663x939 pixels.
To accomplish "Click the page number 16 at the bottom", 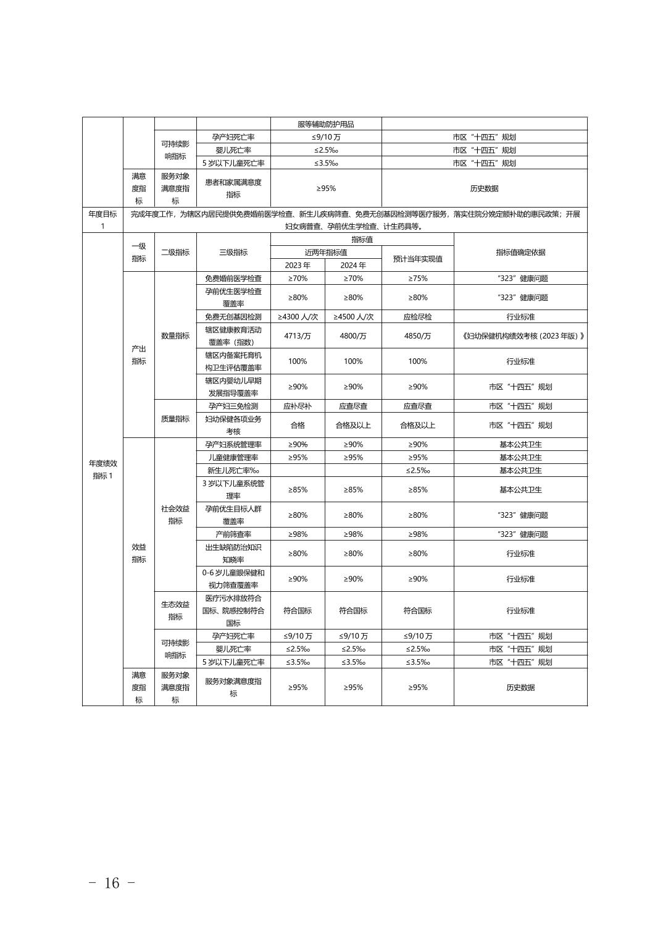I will tap(112, 883).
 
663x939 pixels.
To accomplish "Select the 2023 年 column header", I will tap(298, 265).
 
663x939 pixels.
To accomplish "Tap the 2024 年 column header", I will tap(353, 265).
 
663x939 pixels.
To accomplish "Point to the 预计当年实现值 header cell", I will tap(417, 259).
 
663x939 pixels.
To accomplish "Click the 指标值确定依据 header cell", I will tap(520, 252).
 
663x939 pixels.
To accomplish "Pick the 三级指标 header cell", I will tap(233, 252).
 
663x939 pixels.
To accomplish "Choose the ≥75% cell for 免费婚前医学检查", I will tap(417, 279).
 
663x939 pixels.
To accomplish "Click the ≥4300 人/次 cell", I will tap(298, 317).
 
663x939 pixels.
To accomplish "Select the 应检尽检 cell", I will tap(417, 317).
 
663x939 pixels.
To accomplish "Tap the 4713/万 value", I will tap(298, 336).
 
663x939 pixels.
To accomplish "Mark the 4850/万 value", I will tap(417, 336).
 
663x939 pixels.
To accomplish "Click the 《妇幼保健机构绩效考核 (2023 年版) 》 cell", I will tap(520, 336).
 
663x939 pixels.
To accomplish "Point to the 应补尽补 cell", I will tap(298, 406).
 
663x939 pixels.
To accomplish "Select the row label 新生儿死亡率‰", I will tap(233, 471).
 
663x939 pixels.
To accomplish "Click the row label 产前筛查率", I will tap(233, 534).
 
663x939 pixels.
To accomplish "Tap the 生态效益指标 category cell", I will tap(175, 610).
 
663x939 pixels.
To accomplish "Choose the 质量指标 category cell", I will tap(175, 419).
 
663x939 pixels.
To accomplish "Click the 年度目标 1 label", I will tap(102, 220).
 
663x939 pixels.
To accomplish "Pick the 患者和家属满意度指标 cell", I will tap(233, 188).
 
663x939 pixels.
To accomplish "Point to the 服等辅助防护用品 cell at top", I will tap(326, 124).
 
